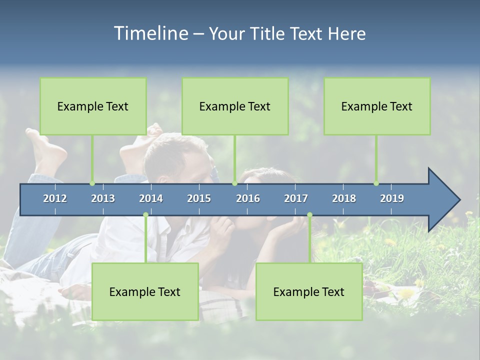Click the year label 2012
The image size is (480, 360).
(x=55, y=198)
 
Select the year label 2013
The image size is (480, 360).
(x=103, y=198)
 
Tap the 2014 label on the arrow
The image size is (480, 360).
(x=151, y=198)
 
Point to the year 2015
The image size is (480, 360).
(x=199, y=198)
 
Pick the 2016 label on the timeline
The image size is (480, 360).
(x=248, y=198)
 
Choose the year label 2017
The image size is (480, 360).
(x=296, y=198)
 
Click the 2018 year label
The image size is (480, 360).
(x=344, y=198)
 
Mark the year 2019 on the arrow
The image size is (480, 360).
(x=392, y=198)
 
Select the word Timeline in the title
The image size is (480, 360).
(x=150, y=33)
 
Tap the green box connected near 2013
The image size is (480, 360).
(x=93, y=106)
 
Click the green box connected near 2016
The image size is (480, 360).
(x=235, y=106)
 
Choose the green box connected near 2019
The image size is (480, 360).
(x=377, y=106)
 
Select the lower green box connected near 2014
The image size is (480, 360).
(x=145, y=291)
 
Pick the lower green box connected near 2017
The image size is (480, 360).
(x=309, y=291)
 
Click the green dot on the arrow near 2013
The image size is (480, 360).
(x=92, y=183)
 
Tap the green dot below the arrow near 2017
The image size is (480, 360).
(x=309, y=215)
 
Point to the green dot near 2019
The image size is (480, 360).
(x=376, y=183)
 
